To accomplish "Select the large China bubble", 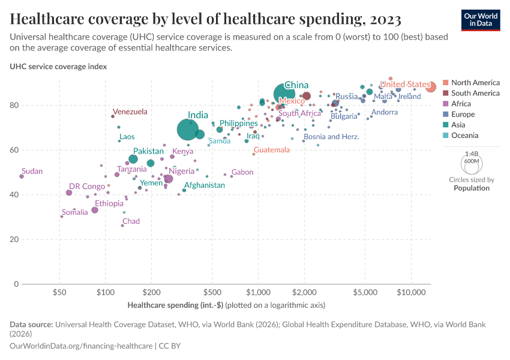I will pos(284,94).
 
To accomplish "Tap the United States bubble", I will pos(431,87).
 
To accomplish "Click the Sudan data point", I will pos(22,176).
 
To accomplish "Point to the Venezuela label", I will pos(130,112).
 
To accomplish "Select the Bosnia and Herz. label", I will pos(331,137).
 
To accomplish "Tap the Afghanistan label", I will pos(204,185).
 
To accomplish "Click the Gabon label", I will pos(242,172).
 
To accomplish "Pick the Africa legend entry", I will pos(462,104).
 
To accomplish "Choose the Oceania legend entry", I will pos(465,136).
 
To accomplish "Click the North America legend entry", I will pos(475,82).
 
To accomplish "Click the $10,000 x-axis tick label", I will pos(411,292).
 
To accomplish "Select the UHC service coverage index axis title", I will pos(58,67).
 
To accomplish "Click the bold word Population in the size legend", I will pos(471,188).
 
